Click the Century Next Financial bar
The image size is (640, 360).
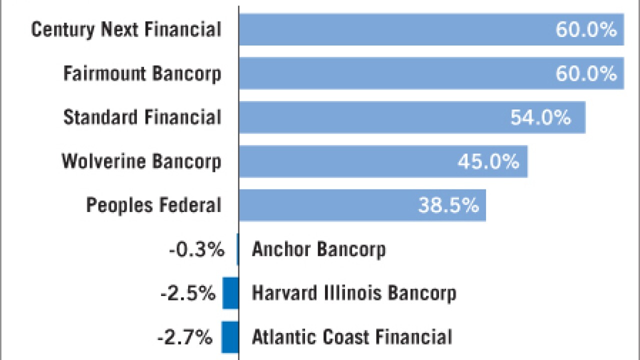pyautogui.click(x=431, y=29)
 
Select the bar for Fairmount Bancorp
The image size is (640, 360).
pyautogui.click(x=431, y=73)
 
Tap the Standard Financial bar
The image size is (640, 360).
pyautogui.click(x=412, y=117)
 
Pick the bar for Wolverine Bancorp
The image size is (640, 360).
pyautogui.click(x=383, y=161)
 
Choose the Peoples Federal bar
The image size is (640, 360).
pyautogui.click(x=362, y=205)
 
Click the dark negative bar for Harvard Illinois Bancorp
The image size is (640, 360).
pyautogui.click(x=230, y=293)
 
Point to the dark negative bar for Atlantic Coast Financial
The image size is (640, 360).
pyautogui.click(x=230, y=337)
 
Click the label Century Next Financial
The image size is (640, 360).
pyautogui.click(x=126, y=30)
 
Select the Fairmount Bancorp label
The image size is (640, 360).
pyautogui.click(x=142, y=74)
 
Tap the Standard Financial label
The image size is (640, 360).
pyautogui.click(x=142, y=118)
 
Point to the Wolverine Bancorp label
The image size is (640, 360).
pyautogui.click(x=141, y=162)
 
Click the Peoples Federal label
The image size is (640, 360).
pyautogui.click(x=153, y=205)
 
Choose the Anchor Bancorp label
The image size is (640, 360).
pyautogui.click(x=318, y=249)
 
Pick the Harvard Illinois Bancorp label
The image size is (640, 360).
pyautogui.click(x=354, y=293)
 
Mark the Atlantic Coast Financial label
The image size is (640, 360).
pyautogui.click(x=352, y=337)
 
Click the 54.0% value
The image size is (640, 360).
pyautogui.click(x=540, y=118)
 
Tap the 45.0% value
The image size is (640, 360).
pyautogui.click(x=488, y=162)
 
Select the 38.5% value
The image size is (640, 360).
pyautogui.click(x=448, y=205)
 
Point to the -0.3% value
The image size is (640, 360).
pyautogui.click(x=196, y=249)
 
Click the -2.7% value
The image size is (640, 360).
pyautogui.click(x=184, y=337)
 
